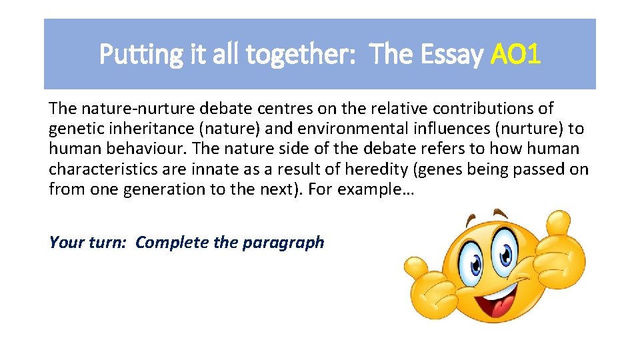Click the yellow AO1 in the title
515,55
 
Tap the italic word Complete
172,242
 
